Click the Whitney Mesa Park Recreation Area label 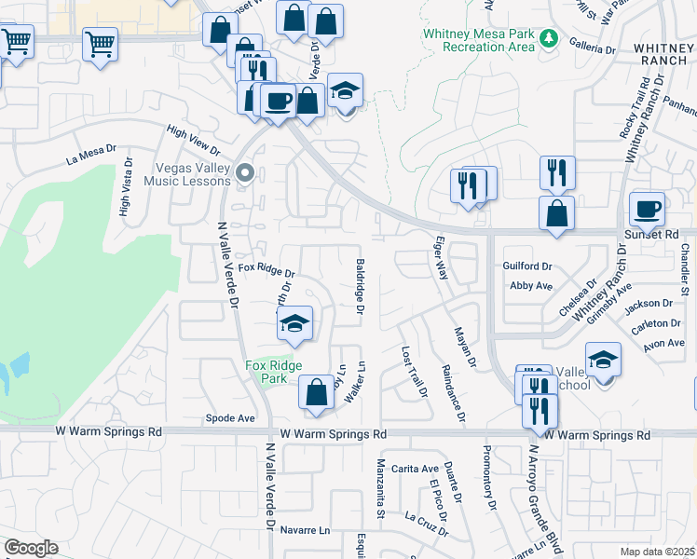tap(479, 39)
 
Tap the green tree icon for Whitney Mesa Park tap(550, 38)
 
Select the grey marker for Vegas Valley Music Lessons tap(245, 171)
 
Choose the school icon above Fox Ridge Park tap(294, 323)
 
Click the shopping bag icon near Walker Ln tap(316, 392)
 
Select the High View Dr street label tap(192, 141)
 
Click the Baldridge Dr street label tap(360, 286)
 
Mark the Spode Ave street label tap(230, 418)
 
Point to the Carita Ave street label tap(415, 469)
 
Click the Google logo tap(31, 548)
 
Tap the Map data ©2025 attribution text tap(656, 552)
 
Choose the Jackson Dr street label tap(649, 304)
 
